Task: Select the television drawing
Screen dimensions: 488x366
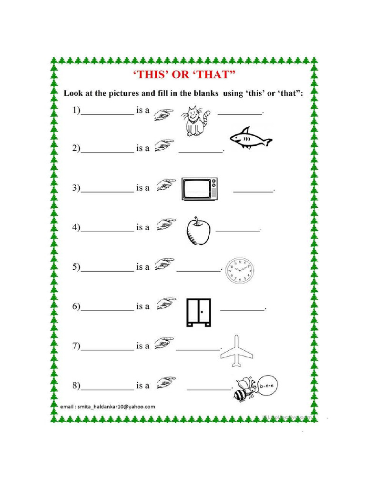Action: click(200, 188)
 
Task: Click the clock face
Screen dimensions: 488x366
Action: click(239, 271)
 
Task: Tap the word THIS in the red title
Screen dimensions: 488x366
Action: click(149, 75)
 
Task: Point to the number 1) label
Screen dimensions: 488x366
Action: click(76, 111)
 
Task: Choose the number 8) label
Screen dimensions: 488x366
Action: click(76, 385)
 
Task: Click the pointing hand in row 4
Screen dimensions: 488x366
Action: click(165, 224)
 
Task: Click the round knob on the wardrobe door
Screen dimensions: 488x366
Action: click(202, 312)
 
